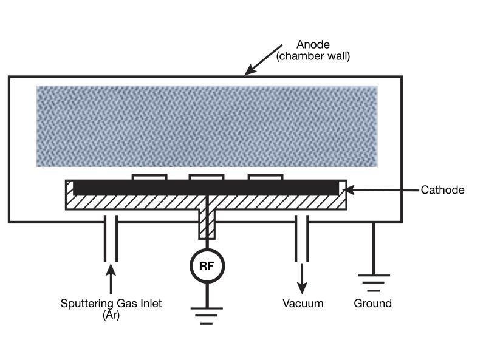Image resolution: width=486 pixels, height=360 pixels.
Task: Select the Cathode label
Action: (x=442, y=190)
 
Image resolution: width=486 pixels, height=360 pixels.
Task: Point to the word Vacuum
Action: (x=303, y=303)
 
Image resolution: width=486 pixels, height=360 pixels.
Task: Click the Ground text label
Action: (x=372, y=303)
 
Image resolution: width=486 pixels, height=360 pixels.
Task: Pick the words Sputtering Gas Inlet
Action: (x=111, y=303)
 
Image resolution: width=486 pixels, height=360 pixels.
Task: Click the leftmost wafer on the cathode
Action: (x=149, y=177)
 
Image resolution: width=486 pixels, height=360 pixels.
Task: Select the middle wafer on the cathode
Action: (x=207, y=177)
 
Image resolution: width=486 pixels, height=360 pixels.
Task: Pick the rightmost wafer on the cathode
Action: (x=265, y=177)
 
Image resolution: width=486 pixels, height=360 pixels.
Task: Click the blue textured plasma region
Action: (x=207, y=126)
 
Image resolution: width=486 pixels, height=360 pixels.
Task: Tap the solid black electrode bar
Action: (x=207, y=188)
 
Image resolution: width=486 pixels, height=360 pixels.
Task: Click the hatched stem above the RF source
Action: (x=207, y=224)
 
